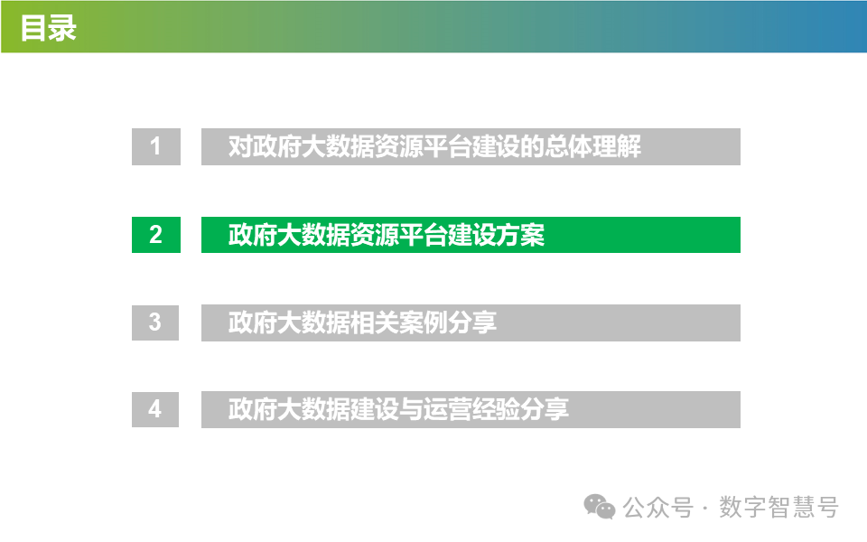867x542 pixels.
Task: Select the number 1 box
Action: point(155,146)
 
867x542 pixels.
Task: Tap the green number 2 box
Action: point(155,234)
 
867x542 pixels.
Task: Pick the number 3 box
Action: point(155,322)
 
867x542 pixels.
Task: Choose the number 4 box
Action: point(155,409)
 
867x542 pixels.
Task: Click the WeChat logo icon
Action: point(599,507)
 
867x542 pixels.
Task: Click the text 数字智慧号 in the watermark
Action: point(778,508)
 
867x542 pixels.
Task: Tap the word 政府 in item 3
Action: point(252,322)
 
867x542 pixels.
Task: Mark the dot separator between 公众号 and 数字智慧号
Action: point(704,509)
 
